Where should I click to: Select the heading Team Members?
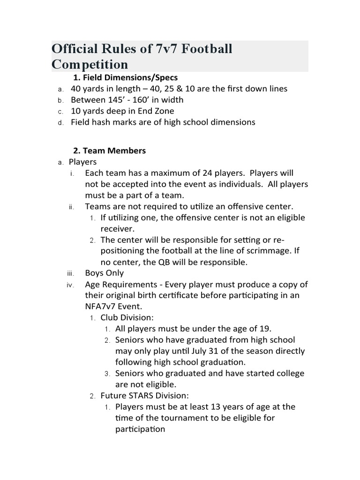[109, 151]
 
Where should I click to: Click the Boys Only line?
[104, 273]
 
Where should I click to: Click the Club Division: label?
[127, 318]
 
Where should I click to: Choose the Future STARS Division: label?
[145, 396]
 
